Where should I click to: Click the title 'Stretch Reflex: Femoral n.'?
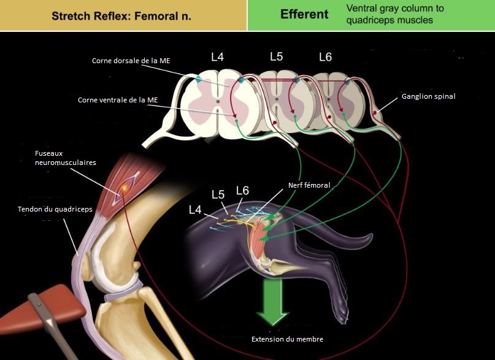[x=121, y=16]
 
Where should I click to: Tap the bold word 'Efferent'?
[x=304, y=14]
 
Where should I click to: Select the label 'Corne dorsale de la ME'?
[x=131, y=61]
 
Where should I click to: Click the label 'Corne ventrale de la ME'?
[x=118, y=100]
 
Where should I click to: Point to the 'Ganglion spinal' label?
[x=428, y=96]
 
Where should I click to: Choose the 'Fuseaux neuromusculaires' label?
[x=66, y=158]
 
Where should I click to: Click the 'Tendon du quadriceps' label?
[x=55, y=209]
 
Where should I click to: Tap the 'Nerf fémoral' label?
[x=309, y=185]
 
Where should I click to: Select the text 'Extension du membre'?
[x=287, y=339]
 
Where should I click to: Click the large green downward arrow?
[x=272, y=301]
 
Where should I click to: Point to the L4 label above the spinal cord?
[x=218, y=57]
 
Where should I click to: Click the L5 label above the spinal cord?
[x=276, y=56]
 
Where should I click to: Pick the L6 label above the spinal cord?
[x=326, y=57]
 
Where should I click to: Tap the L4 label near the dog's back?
[x=195, y=210]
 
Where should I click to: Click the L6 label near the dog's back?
[x=242, y=191]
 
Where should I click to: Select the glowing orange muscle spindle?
[x=125, y=188]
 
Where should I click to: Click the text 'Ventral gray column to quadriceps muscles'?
[x=395, y=14]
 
